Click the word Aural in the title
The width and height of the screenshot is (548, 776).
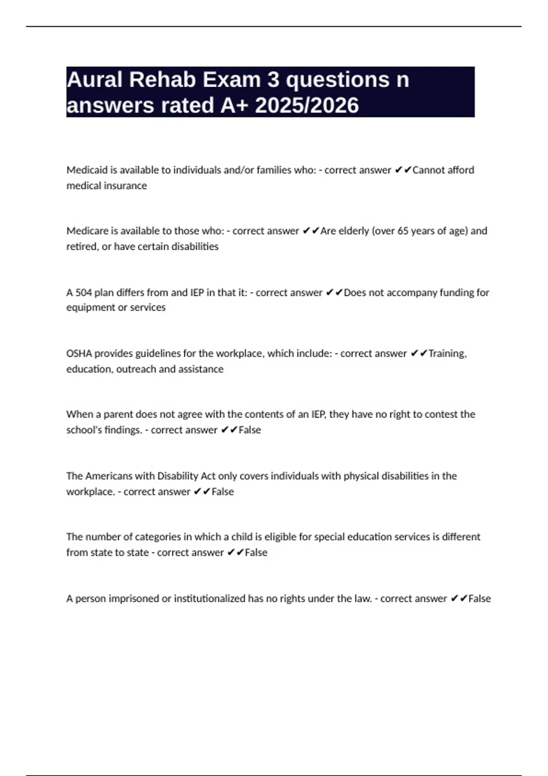coord(95,80)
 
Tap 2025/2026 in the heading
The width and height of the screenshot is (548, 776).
coord(307,105)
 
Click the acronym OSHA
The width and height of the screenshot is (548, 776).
coord(79,354)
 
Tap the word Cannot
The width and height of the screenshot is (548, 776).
coord(428,170)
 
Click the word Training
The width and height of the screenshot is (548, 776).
coord(447,354)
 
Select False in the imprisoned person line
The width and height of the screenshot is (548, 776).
coord(479,598)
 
